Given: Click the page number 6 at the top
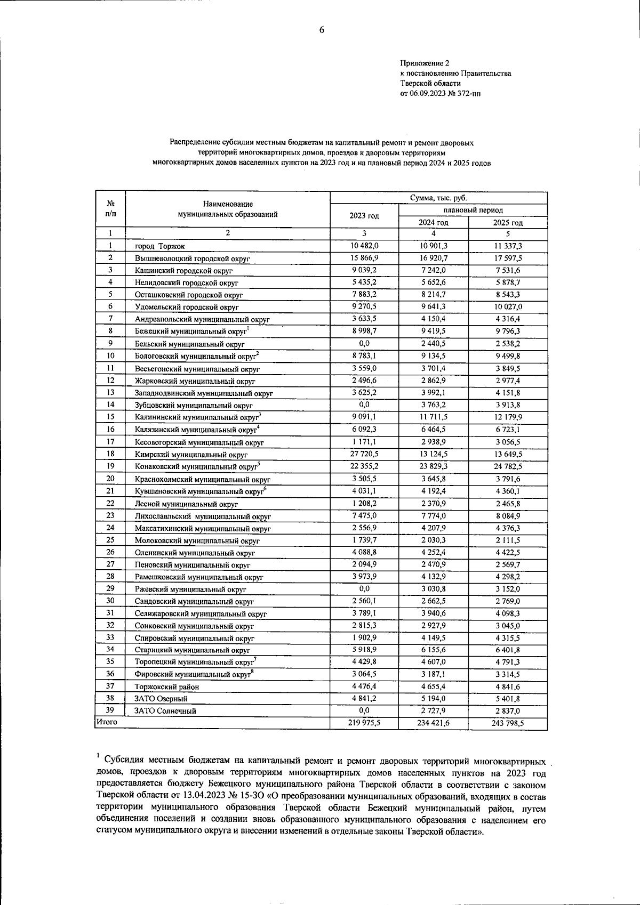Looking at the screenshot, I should (322, 30).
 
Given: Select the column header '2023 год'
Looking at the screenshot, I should (364, 216).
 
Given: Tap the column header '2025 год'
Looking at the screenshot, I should (508, 223).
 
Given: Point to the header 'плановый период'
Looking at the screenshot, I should (473, 211).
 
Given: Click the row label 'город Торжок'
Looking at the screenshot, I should (159, 246).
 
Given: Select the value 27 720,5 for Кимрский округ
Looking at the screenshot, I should (364, 454).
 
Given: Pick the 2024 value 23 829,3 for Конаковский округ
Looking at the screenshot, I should (433, 466).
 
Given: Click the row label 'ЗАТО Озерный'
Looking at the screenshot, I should (161, 699).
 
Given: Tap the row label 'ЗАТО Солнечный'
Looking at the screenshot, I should (165, 711).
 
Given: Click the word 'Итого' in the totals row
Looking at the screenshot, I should (106, 722).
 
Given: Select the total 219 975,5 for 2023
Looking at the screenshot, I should (364, 723).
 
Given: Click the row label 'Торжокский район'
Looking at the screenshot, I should (167, 687).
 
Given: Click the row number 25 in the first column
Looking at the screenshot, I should (110, 540).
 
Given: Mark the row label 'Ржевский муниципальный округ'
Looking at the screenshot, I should (190, 589).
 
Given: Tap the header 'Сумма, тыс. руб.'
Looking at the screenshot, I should (438, 198).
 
